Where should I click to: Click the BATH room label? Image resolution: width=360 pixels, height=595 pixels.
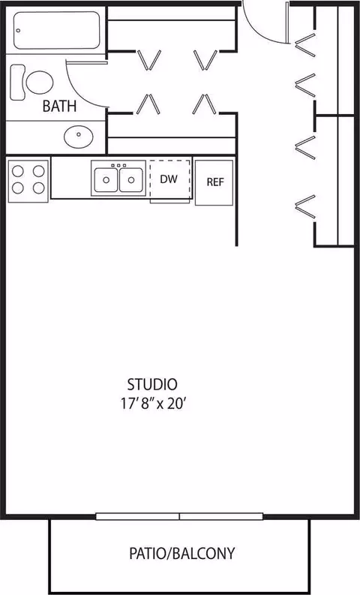(x=59, y=106)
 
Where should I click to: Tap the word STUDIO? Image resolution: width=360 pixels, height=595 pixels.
(x=152, y=384)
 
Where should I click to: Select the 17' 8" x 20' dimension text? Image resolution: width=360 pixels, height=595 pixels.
(x=153, y=404)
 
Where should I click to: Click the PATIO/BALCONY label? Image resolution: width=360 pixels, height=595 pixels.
(x=181, y=554)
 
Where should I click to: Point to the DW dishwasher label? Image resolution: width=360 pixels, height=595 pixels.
(x=169, y=179)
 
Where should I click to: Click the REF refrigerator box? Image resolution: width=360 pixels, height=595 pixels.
(x=214, y=183)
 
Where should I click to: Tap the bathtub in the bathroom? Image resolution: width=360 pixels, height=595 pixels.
(x=57, y=30)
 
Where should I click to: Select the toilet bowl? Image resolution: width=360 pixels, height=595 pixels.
(x=40, y=83)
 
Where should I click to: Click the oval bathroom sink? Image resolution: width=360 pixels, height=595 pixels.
(x=79, y=136)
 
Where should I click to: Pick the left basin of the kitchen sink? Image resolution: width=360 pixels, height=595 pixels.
(x=106, y=180)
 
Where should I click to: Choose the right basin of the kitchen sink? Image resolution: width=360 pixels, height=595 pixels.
(x=130, y=180)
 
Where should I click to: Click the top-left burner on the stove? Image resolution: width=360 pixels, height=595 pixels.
(x=18, y=171)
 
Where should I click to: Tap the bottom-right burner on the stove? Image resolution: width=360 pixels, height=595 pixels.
(x=39, y=188)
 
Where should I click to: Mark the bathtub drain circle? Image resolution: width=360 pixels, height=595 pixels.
(x=19, y=31)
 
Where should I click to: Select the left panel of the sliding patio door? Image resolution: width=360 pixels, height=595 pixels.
(x=137, y=516)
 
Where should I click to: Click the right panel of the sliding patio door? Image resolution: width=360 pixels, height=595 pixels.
(x=221, y=516)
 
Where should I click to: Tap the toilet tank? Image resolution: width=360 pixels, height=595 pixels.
(x=17, y=83)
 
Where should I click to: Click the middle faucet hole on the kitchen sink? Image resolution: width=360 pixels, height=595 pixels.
(x=118, y=166)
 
